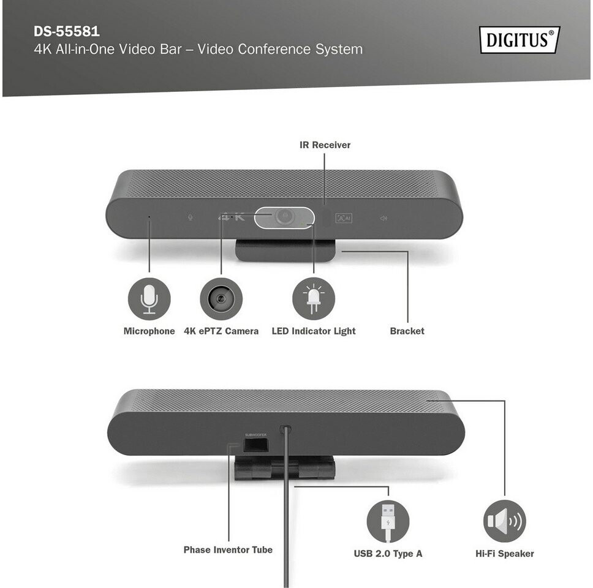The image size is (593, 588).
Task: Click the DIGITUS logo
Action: click(x=519, y=39)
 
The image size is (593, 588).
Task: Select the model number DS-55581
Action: click(x=67, y=31)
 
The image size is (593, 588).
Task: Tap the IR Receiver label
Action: click(x=325, y=145)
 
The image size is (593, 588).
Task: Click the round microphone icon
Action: click(x=149, y=299)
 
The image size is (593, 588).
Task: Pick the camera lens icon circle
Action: click(x=221, y=299)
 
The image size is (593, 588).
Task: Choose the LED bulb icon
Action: click(x=314, y=299)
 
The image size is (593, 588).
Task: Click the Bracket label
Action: click(x=407, y=331)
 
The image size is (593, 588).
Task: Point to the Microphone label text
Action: click(x=149, y=331)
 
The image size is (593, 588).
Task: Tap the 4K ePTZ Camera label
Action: click(x=221, y=331)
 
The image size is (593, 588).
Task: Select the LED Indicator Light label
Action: click(x=314, y=331)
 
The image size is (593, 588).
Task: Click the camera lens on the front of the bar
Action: click(x=284, y=216)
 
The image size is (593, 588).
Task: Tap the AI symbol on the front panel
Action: click(x=344, y=218)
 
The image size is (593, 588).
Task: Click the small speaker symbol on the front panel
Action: click(x=383, y=218)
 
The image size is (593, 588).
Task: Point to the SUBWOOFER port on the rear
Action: click(x=255, y=445)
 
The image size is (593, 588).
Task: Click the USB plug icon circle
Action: click(x=388, y=521)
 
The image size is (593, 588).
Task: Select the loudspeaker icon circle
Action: click(x=505, y=521)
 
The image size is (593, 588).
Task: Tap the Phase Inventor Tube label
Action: click(x=228, y=550)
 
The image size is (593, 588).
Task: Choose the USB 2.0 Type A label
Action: click(x=388, y=554)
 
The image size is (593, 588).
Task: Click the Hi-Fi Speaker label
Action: click(x=505, y=554)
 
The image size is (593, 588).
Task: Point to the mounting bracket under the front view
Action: click(x=285, y=250)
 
